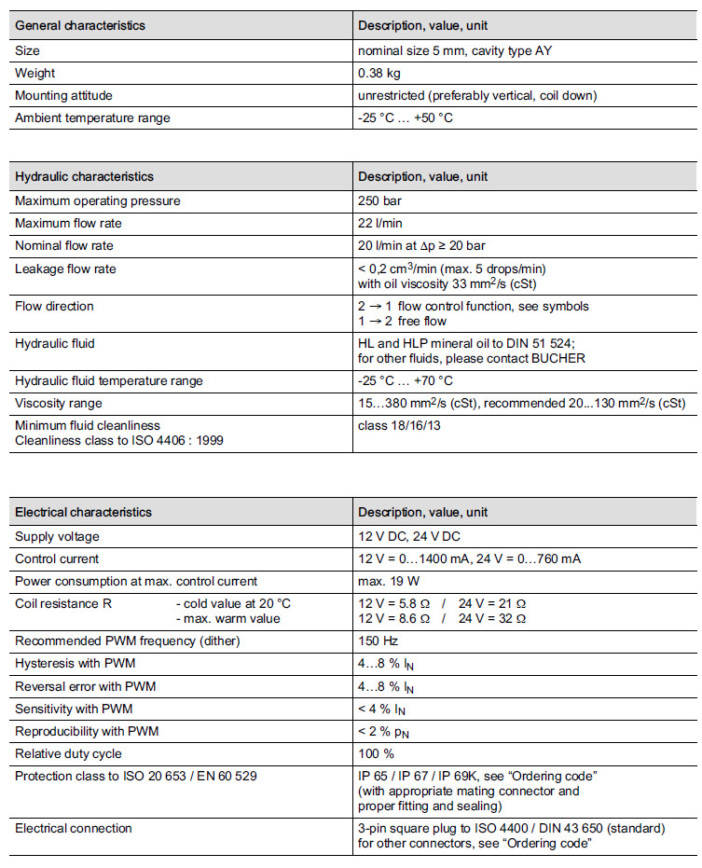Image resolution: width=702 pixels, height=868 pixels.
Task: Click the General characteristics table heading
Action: click(80, 25)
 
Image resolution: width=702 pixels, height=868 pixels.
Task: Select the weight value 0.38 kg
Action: click(379, 73)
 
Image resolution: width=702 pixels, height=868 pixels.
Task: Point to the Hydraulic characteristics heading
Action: click(84, 176)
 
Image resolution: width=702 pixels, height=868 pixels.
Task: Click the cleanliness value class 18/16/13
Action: click(401, 425)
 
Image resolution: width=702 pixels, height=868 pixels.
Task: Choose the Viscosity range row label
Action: click(59, 403)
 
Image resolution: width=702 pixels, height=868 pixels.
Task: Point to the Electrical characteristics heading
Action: click(83, 512)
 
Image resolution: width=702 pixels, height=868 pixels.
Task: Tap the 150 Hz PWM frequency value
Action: click(380, 642)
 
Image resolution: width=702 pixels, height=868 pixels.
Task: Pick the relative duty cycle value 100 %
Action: click(377, 753)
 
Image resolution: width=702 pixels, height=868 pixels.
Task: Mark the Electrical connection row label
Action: click(74, 828)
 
